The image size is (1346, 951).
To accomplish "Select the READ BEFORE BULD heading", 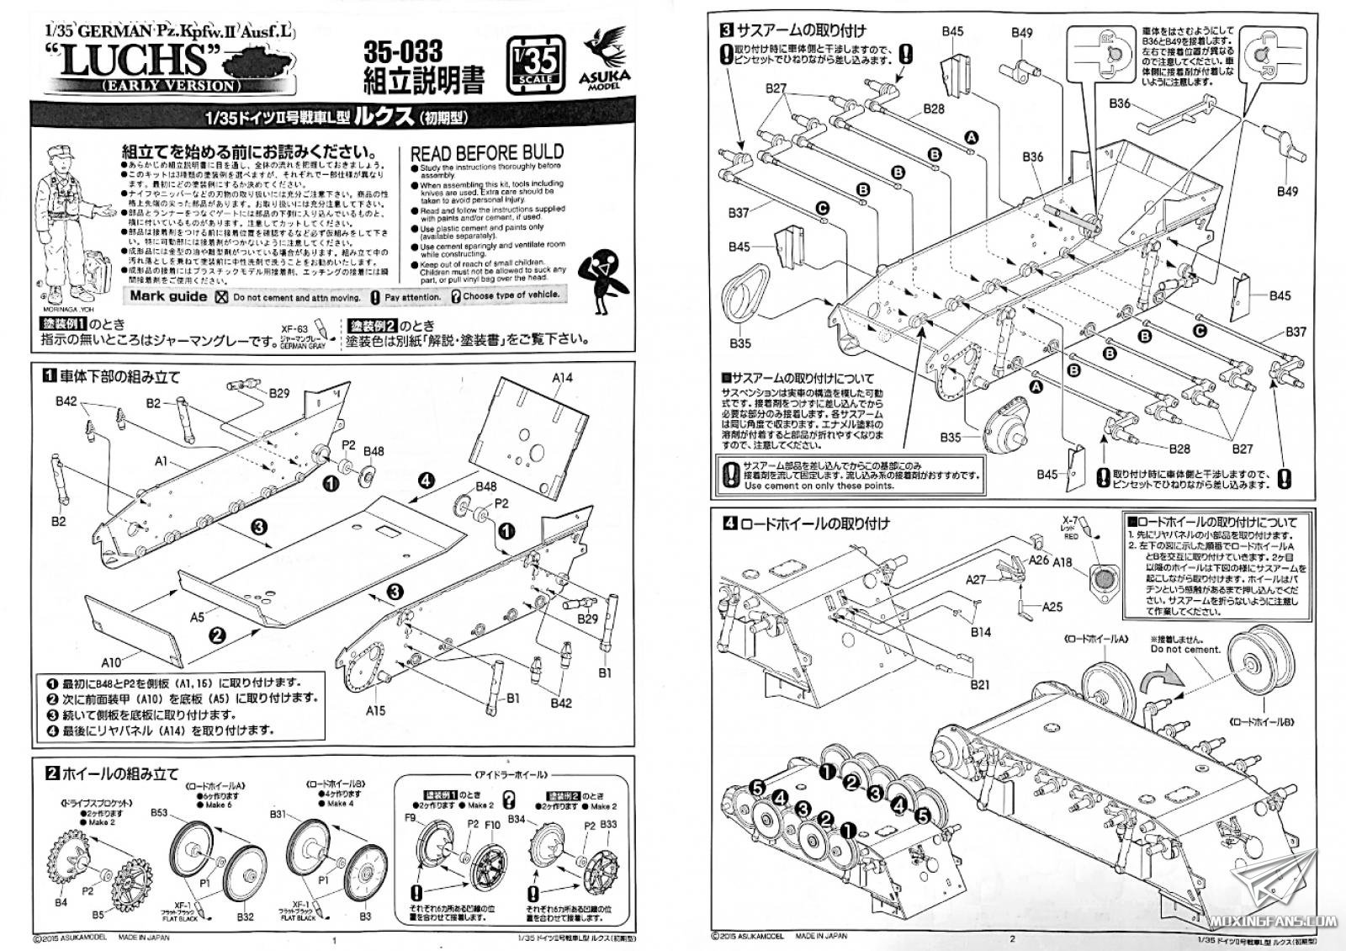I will [x=486, y=153].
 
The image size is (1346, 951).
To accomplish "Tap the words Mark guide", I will [x=168, y=296].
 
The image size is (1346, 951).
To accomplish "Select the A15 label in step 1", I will [x=376, y=710].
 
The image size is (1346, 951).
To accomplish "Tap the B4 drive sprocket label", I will [x=61, y=902].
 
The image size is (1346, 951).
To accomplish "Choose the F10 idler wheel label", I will [x=492, y=825].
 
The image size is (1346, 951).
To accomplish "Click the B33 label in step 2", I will [x=607, y=825].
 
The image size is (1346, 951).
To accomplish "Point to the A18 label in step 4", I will [x=1063, y=563].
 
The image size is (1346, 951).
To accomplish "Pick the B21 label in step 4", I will [x=979, y=684].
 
